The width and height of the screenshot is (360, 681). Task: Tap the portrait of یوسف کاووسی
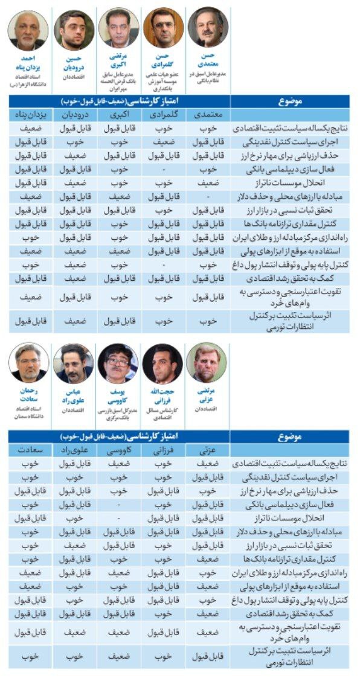(x=118, y=363)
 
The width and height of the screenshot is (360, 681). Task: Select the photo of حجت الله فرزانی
(x=162, y=363)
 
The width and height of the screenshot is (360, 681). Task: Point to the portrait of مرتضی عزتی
(x=206, y=363)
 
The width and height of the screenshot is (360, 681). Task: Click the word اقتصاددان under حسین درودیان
(x=74, y=78)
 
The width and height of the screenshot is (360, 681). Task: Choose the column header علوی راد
(x=74, y=450)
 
